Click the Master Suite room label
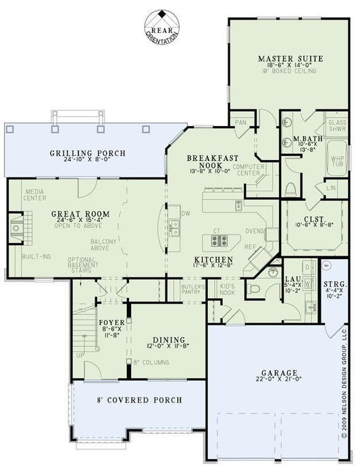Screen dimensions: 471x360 click(290, 59)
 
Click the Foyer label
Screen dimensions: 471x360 click(112, 323)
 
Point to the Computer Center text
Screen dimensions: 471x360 click(247, 169)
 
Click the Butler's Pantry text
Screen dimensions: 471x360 click(193, 290)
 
